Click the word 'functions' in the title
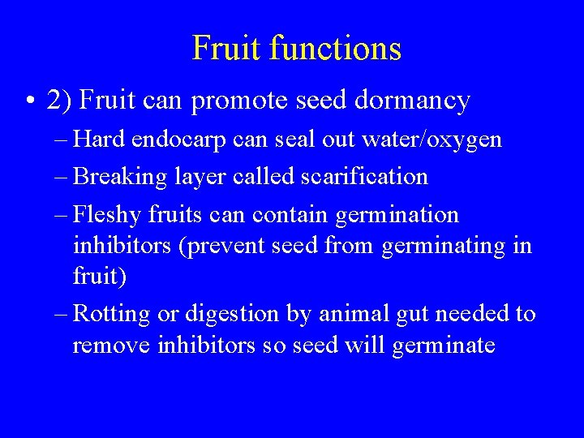pos(335,48)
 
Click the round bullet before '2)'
pos(29,101)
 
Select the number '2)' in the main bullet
pos(61,101)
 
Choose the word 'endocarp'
pos(189,140)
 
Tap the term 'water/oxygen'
pos(431,140)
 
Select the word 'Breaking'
pos(118,177)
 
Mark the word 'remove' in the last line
pos(114,345)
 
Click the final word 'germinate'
pos(443,345)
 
